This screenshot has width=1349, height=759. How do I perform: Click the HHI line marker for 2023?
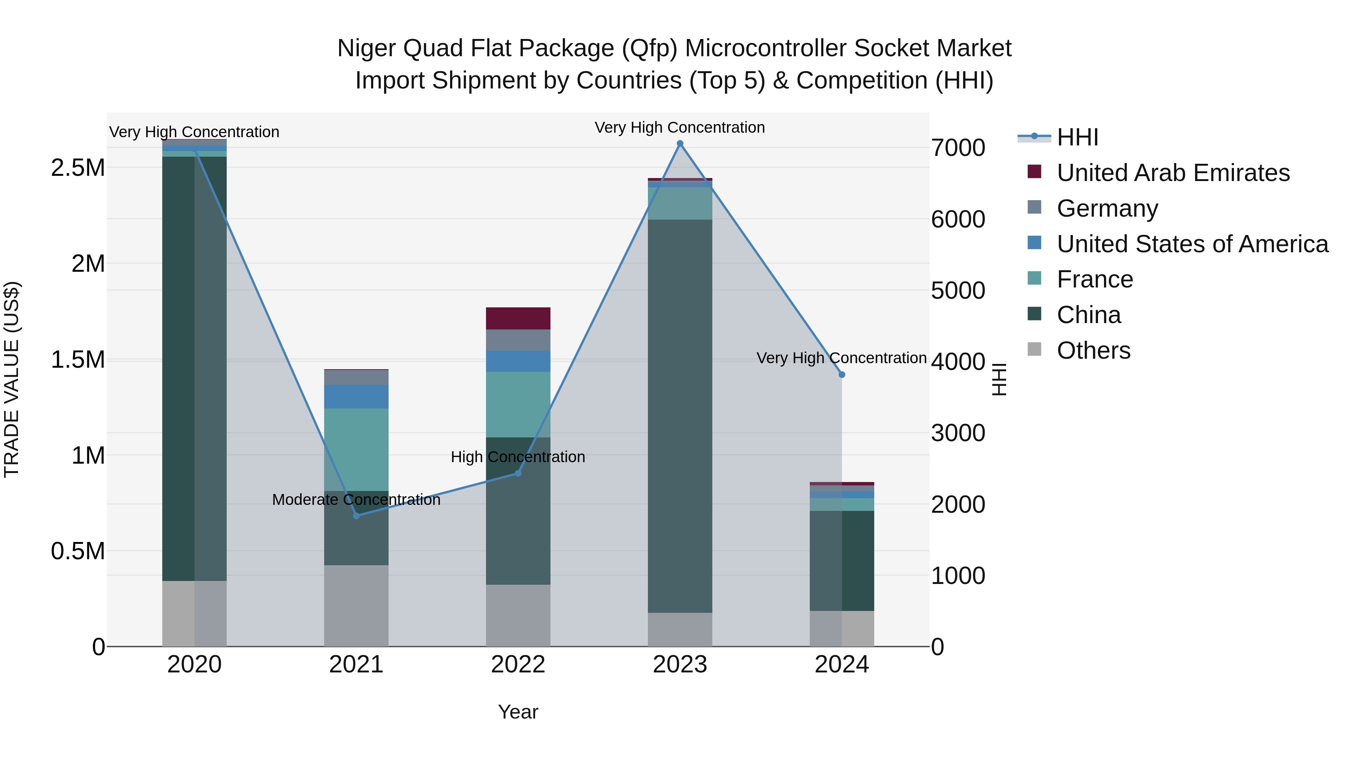pyautogui.click(x=680, y=144)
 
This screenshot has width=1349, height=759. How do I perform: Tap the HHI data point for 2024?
pyautogui.click(x=842, y=374)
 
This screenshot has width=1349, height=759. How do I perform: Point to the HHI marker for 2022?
pyautogui.click(x=518, y=473)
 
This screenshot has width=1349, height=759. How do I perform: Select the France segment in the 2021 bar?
pyautogui.click(x=356, y=449)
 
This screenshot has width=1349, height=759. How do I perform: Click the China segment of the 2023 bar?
pyautogui.click(x=680, y=416)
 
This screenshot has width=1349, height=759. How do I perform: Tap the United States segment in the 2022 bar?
pyautogui.click(x=518, y=361)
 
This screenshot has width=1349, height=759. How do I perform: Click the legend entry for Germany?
pyautogui.click(x=1107, y=208)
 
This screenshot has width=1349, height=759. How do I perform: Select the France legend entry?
pyautogui.click(x=1095, y=279)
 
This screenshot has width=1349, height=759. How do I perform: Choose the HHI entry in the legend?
pyautogui.click(x=1077, y=137)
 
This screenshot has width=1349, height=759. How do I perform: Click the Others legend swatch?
pyautogui.click(x=1034, y=349)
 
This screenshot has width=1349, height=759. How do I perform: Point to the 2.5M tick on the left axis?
pyautogui.click(x=78, y=168)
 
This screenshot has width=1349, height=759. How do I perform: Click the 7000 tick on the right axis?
pyautogui.click(x=958, y=148)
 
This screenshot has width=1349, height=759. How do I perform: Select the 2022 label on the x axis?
pyautogui.click(x=518, y=665)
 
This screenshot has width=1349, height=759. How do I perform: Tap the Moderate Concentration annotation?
pyautogui.click(x=356, y=500)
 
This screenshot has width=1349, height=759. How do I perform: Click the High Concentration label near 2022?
pyautogui.click(x=518, y=457)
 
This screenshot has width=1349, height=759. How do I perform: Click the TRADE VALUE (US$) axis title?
pyautogui.click(x=12, y=379)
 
